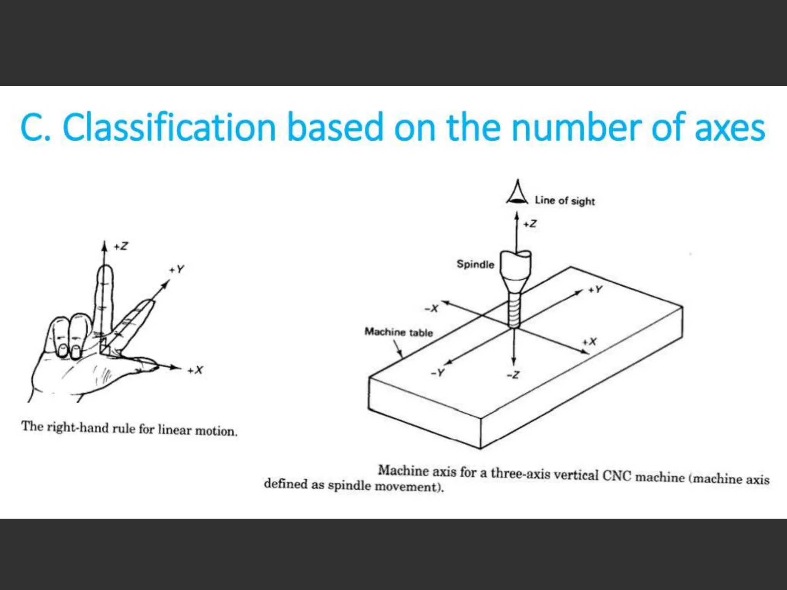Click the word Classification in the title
click(x=169, y=127)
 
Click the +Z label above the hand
click(x=121, y=246)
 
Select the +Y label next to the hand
click(x=177, y=269)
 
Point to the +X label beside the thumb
click(x=195, y=370)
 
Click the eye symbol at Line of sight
click(x=517, y=192)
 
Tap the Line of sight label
click(x=565, y=201)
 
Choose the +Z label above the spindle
click(x=530, y=224)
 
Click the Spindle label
click(x=475, y=264)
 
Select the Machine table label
click(x=398, y=332)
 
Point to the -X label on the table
click(x=432, y=308)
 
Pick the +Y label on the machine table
click(x=595, y=290)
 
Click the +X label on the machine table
click(x=589, y=341)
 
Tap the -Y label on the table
click(x=438, y=373)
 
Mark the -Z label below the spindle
click(x=513, y=375)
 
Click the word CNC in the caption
click(x=617, y=476)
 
